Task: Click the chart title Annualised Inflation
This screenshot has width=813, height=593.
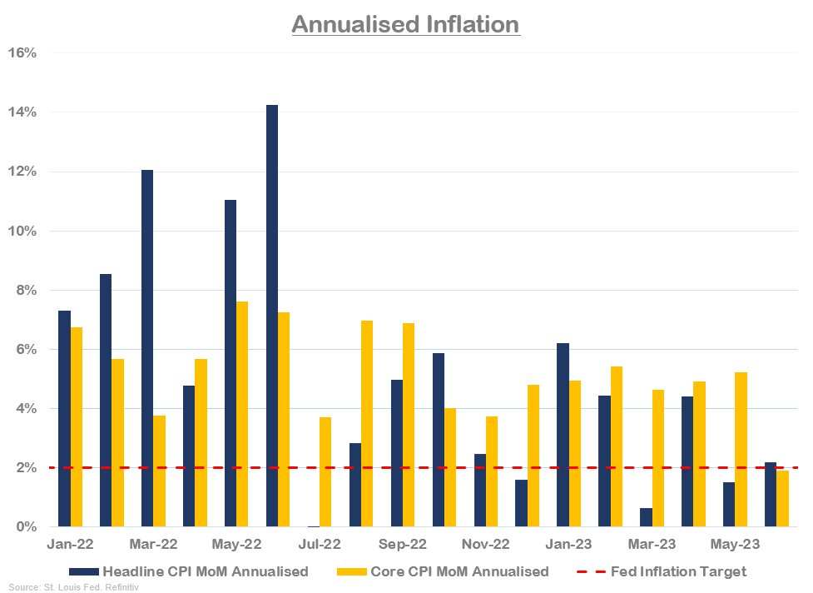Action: pos(405,24)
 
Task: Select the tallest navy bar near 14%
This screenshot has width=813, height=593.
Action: pos(272,316)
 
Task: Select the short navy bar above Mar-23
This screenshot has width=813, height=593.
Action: pos(646,517)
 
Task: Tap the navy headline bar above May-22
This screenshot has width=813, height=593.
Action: pos(231,363)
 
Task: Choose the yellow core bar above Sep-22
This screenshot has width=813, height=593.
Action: pos(409,425)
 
